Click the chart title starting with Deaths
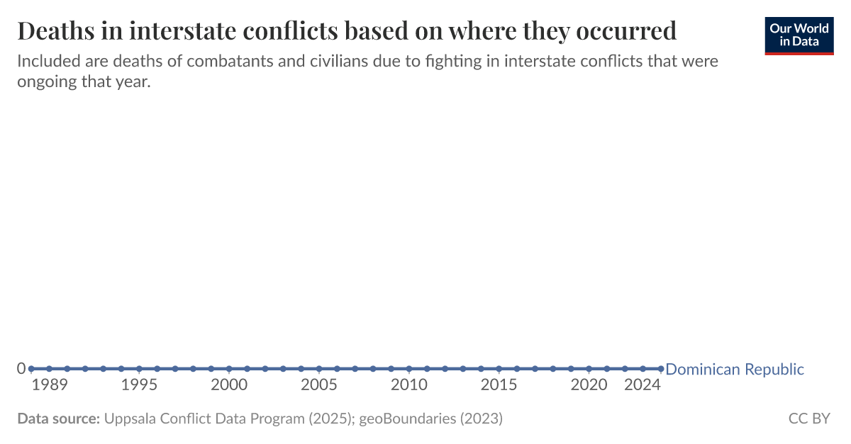click(346, 30)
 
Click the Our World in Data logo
click(799, 34)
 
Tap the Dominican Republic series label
click(735, 369)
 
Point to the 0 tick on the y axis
click(21, 368)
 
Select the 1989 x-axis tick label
click(50, 385)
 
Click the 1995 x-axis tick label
click(139, 385)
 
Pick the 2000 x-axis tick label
click(229, 385)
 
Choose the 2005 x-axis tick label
click(319, 385)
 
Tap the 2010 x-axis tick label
click(409, 385)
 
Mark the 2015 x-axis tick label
click(499, 385)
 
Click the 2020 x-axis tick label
click(589, 385)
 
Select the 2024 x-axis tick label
click(643, 385)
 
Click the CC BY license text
click(809, 419)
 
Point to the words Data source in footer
click(58, 419)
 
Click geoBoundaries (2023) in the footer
click(431, 419)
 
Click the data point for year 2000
click(229, 368)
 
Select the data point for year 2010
click(409, 368)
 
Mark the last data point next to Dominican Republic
click(660, 368)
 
